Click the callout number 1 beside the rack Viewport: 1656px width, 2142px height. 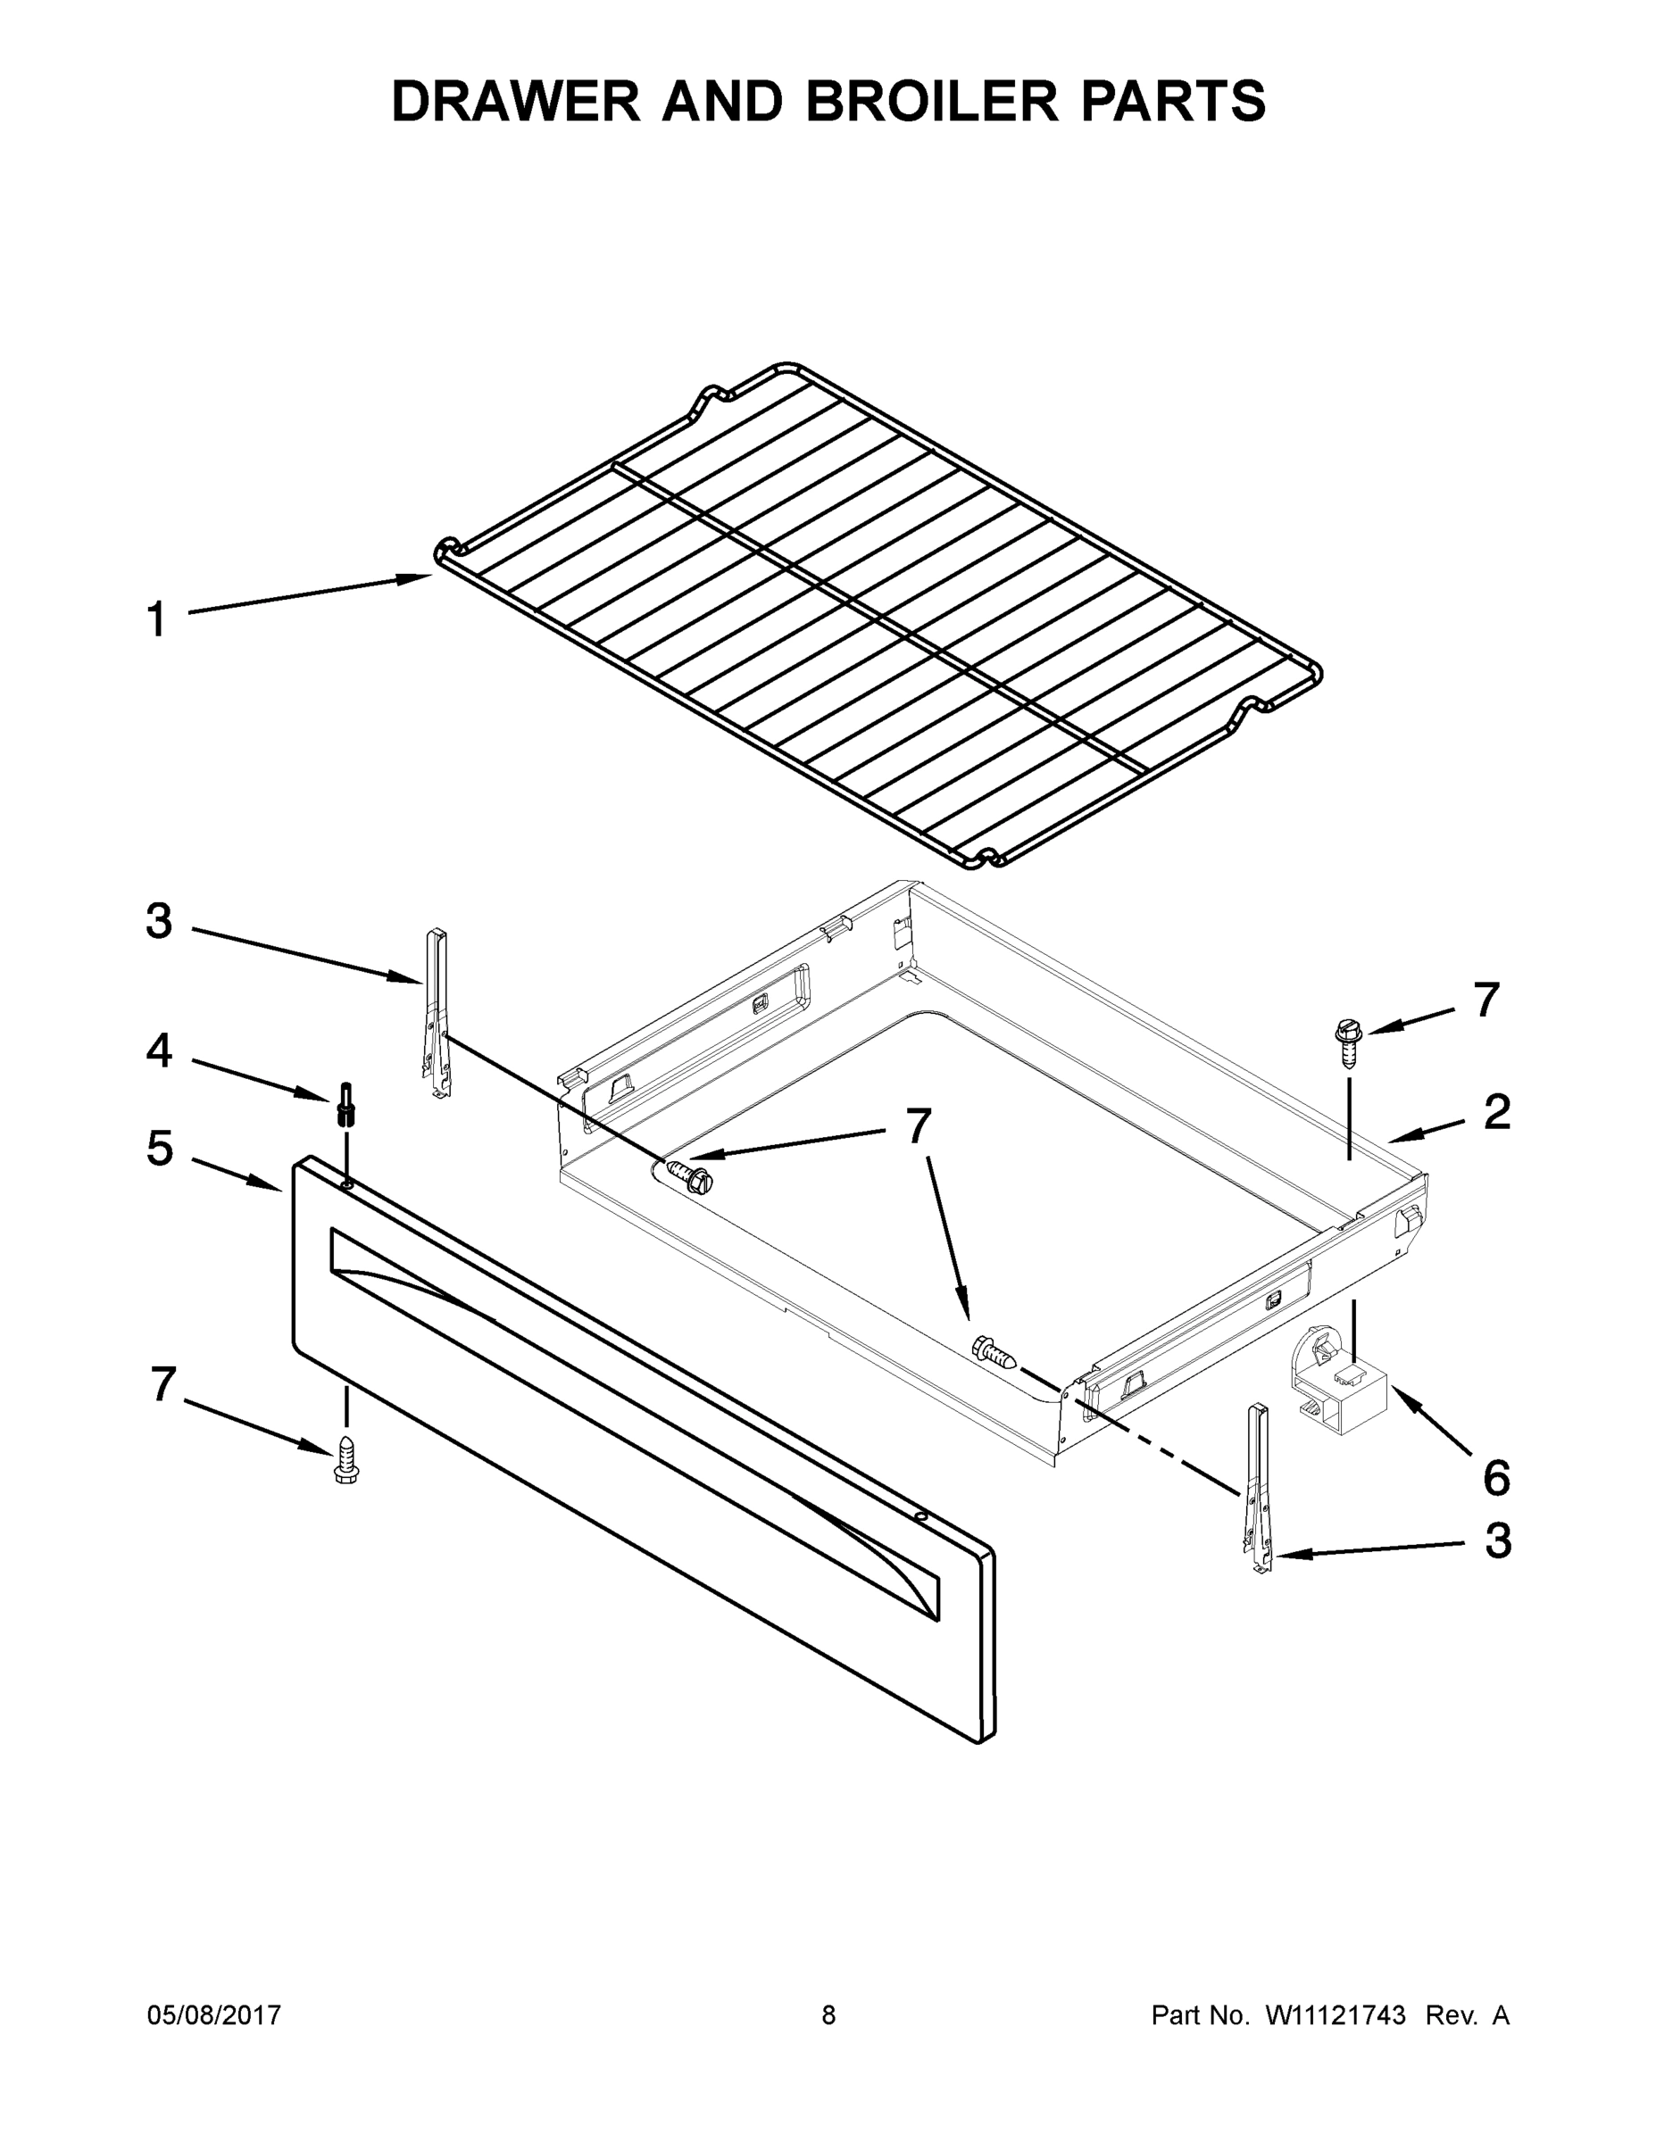[x=157, y=621]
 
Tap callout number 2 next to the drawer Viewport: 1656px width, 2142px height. [x=1496, y=1112]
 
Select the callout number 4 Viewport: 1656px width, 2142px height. [x=159, y=1050]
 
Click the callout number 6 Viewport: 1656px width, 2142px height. [x=1495, y=1478]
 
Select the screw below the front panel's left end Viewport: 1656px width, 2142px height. [x=345, y=1460]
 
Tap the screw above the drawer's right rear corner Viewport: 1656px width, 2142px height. [x=1349, y=1042]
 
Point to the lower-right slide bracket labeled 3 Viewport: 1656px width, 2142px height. [x=1258, y=1489]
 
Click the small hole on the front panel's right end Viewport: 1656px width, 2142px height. [x=920, y=1516]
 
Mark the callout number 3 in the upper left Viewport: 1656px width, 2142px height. [x=159, y=922]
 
